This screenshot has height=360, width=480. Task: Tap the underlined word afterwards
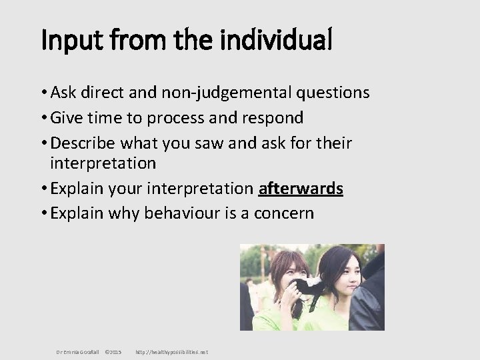301,189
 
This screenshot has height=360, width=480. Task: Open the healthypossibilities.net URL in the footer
171,351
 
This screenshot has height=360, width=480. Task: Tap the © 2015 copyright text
113,351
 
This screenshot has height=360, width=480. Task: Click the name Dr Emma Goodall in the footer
77,351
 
